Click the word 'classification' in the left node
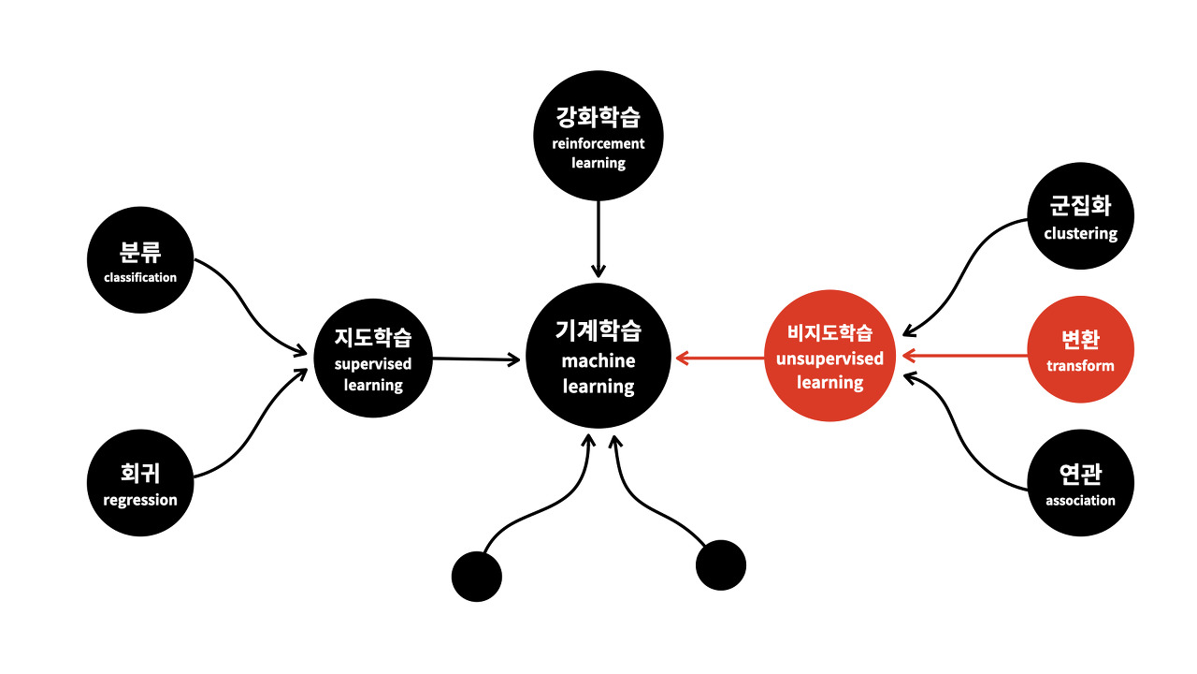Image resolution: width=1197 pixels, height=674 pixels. (140, 277)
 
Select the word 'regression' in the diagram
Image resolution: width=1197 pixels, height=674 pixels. (140, 500)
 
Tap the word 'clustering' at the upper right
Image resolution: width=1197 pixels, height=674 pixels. (1081, 233)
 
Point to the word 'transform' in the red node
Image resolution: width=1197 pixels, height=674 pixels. (1081, 366)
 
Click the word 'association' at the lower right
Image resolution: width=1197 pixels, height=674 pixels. (1081, 501)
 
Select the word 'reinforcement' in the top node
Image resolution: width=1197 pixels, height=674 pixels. (598, 143)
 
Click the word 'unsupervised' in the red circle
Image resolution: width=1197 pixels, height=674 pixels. (830, 359)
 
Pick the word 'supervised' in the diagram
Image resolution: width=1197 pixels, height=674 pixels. (373, 363)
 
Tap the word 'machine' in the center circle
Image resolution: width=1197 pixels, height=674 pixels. (598, 360)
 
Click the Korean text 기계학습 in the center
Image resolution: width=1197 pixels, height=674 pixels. (598, 330)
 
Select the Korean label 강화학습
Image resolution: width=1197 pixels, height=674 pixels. (598, 117)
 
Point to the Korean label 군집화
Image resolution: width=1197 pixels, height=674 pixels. (1081, 207)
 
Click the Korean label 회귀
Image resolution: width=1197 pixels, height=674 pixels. (140, 474)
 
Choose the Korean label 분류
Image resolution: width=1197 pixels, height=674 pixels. (140, 252)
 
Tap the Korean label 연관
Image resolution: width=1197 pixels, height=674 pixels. (1081, 475)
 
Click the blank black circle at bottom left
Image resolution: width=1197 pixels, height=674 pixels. (477, 576)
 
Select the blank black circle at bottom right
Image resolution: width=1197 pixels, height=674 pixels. (721, 565)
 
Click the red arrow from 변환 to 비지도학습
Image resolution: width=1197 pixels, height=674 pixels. (963, 355)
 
